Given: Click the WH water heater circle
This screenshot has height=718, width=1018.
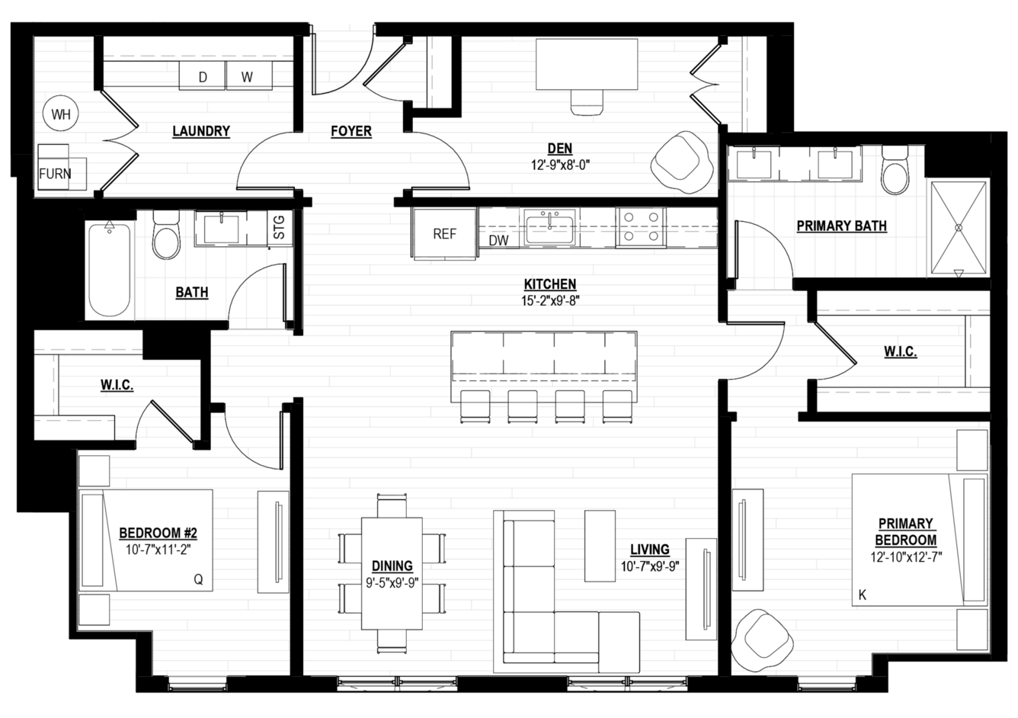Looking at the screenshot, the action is click(60, 114).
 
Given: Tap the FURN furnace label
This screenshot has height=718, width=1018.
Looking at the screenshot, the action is click(55, 174).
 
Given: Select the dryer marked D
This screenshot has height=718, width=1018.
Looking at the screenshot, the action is click(202, 75).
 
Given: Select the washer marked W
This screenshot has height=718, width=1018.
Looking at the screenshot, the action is click(249, 75).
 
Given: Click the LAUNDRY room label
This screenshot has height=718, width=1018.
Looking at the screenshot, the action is click(201, 131).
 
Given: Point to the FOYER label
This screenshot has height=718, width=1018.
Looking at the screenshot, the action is click(351, 131).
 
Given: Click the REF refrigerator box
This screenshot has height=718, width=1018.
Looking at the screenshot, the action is click(444, 234).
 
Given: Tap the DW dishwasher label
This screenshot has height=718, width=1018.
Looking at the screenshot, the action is click(498, 241).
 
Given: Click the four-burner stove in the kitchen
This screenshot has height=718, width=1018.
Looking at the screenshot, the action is click(641, 227).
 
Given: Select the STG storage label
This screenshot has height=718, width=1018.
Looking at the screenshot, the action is click(279, 227).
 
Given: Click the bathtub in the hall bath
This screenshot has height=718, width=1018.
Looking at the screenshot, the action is click(110, 270).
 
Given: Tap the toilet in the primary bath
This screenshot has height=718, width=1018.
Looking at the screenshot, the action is click(895, 170).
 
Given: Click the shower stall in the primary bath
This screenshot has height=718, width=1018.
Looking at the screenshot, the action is click(959, 228).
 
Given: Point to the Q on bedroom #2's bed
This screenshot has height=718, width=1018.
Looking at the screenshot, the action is click(198, 579).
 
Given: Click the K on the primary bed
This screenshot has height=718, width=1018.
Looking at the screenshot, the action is click(862, 595).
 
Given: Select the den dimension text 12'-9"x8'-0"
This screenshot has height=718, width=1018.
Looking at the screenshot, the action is click(560, 165).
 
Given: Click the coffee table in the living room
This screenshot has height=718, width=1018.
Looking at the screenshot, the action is click(600, 546).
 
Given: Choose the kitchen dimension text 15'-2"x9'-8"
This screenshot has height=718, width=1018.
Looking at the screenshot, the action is click(550, 300).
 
